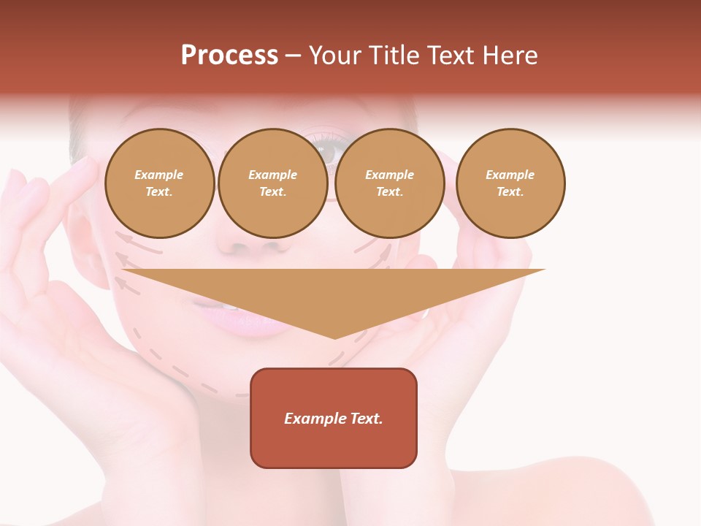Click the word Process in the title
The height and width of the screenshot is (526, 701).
pyautogui.click(x=229, y=56)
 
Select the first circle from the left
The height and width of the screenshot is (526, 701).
pyautogui.click(x=159, y=183)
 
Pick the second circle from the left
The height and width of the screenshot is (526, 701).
pyautogui.click(x=273, y=183)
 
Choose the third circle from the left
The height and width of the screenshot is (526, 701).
pyautogui.click(x=390, y=183)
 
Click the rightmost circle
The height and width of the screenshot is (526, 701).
pyautogui.click(x=510, y=183)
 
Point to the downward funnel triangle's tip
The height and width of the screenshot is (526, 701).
pyautogui.click(x=334, y=337)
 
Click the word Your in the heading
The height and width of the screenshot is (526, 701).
pyautogui.click(x=334, y=56)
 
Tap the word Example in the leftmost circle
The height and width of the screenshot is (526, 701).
pyautogui.click(x=159, y=175)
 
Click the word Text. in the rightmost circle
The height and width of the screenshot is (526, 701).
pyautogui.click(x=510, y=192)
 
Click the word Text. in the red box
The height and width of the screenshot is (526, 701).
pyautogui.click(x=366, y=419)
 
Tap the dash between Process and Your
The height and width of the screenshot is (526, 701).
pyautogui.click(x=293, y=56)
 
